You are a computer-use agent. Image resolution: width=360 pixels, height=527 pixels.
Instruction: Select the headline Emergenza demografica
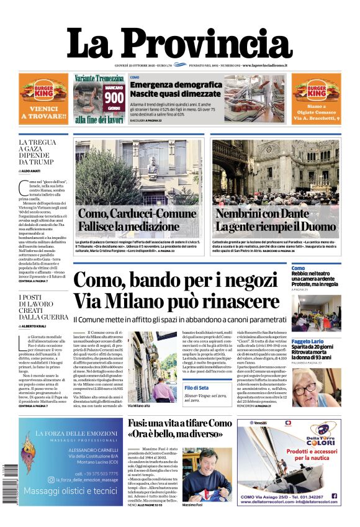pos(176,85)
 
